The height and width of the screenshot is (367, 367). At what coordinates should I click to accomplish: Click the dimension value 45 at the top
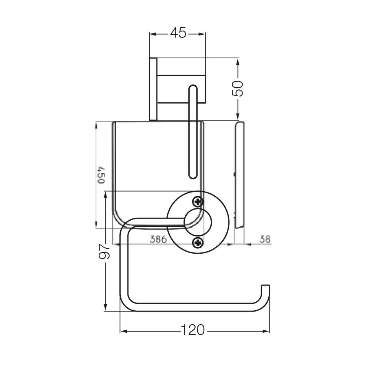(178, 33)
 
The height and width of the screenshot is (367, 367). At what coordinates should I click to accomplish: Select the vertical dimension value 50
(238, 88)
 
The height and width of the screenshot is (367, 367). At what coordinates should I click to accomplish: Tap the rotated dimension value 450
(101, 175)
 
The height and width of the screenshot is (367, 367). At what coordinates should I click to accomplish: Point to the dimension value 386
(159, 239)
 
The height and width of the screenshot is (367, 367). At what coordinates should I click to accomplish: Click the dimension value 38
(265, 239)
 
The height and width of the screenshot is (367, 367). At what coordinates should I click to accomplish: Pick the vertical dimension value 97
(104, 251)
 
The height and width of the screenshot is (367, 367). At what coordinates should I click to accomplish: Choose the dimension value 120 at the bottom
(193, 330)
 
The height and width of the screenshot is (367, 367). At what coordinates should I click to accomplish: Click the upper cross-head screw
(197, 201)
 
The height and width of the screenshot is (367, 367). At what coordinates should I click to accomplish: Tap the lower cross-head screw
(197, 243)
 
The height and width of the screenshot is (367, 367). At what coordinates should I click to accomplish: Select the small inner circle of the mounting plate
(198, 222)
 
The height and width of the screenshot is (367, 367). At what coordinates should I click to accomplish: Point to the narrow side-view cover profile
(239, 175)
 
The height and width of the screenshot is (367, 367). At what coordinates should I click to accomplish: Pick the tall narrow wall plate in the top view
(153, 89)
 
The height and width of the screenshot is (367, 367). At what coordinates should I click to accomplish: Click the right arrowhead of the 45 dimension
(202, 34)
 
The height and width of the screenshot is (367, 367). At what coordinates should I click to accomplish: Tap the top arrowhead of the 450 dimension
(95, 125)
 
